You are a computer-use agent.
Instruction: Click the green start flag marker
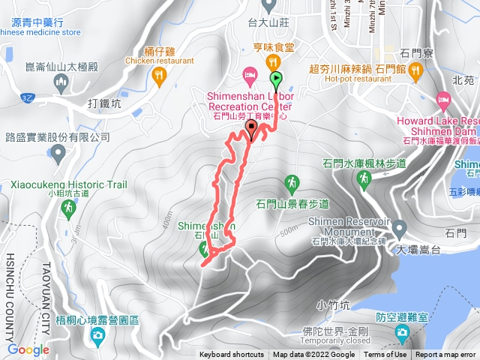coord(276,77)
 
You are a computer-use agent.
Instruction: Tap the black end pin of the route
coord(251,130)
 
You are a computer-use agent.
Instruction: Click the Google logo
coord(28,349)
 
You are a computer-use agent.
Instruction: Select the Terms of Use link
coord(385,355)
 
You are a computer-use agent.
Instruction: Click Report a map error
coord(446,355)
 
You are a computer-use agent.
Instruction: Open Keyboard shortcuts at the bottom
coord(232,355)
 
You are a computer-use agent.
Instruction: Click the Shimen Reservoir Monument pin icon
coord(399,227)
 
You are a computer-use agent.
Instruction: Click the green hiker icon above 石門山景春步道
coord(292,182)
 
